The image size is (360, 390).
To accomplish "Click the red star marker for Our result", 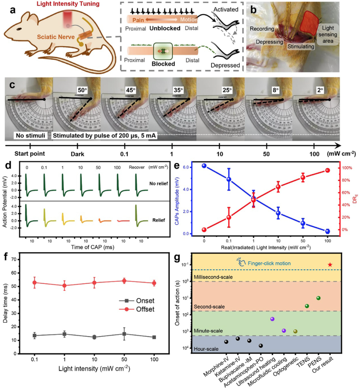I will click(x=330, y=265).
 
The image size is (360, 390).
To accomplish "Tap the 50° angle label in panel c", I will click(x=82, y=90).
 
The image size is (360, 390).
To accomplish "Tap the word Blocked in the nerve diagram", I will click(x=163, y=63).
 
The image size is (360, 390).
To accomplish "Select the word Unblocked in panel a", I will click(x=165, y=28).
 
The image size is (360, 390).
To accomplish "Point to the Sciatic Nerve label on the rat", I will click(x=56, y=37).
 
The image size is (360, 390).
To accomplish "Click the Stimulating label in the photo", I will click(x=301, y=47).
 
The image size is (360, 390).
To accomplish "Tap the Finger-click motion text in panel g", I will click(x=269, y=263).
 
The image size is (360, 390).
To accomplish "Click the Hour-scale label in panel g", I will click(x=206, y=349).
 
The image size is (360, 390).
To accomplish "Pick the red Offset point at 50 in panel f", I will click(x=124, y=281).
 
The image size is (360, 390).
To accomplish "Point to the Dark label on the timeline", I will click(x=77, y=154).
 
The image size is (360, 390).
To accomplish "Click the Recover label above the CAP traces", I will click(x=137, y=167).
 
